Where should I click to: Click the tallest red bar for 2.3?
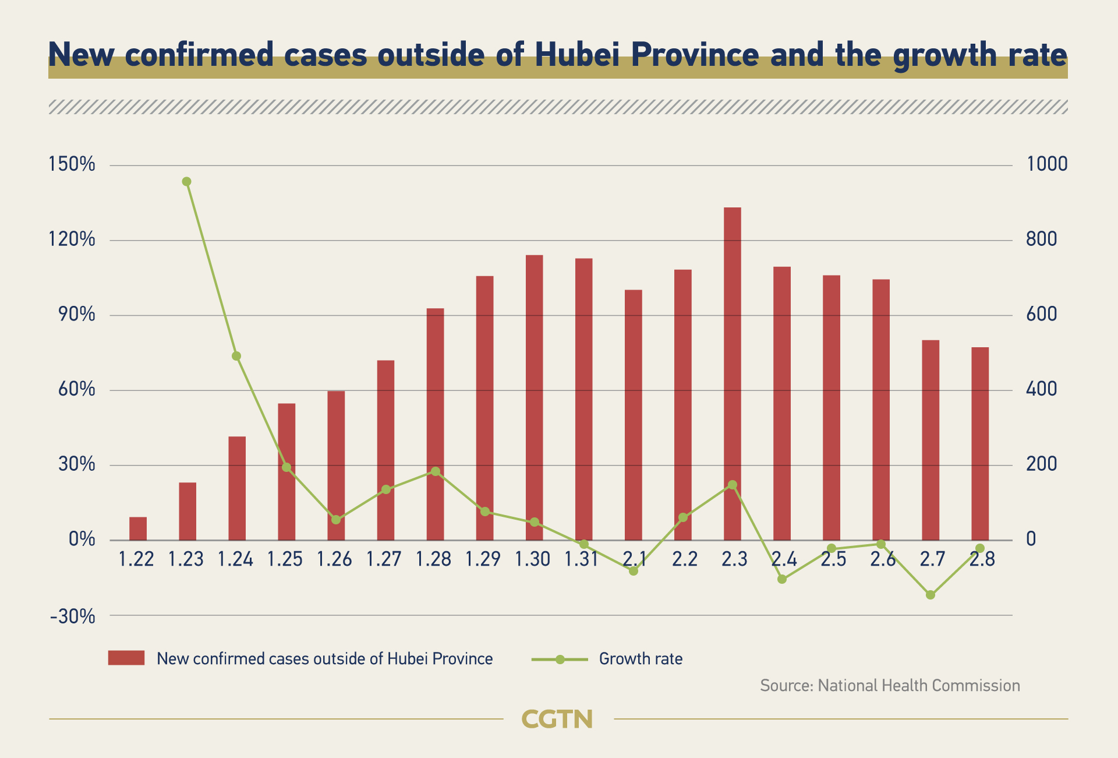tap(732, 373)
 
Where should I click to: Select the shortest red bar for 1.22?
tap(138, 528)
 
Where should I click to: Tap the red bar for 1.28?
tap(435, 424)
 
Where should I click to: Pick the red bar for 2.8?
tap(980, 443)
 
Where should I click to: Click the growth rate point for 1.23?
tap(186, 182)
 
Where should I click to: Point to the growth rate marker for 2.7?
tap(931, 595)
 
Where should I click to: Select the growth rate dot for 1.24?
tap(236, 356)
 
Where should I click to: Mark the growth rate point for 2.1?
tap(634, 571)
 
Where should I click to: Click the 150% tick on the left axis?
tap(72, 164)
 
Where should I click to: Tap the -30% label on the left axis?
tap(72, 616)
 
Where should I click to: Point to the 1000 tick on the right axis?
tap(1047, 164)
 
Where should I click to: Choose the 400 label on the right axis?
tap(1041, 389)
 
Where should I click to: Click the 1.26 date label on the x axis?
tap(334, 559)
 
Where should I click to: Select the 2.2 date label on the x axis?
tap(684, 559)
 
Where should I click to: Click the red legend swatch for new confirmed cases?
tap(126, 658)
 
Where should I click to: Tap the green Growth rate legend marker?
tap(560, 660)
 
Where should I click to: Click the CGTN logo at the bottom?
tap(557, 720)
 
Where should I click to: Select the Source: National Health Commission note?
tap(890, 686)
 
